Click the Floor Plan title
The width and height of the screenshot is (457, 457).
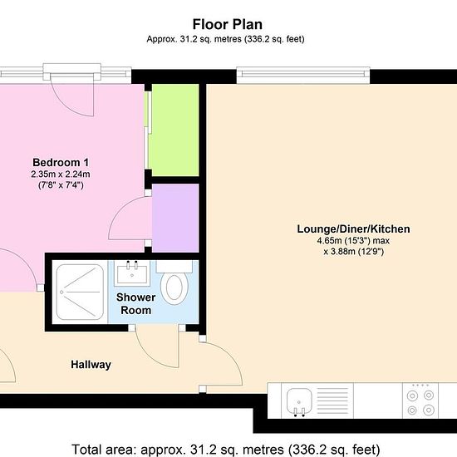click(x=228, y=24)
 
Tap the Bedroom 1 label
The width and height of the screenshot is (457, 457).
click(x=61, y=162)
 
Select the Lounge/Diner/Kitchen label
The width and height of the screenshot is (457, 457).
click(x=353, y=229)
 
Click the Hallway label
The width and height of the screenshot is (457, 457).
click(x=91, y=365)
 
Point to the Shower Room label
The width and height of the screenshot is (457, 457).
click(x=135, y=303)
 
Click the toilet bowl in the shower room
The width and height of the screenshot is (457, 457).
click(x=174, y=288)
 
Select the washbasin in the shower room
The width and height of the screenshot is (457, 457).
click(x=132, y=273)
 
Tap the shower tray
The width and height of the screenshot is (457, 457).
click(x=80, y=292)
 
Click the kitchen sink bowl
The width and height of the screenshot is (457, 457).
click(x=299, y=400)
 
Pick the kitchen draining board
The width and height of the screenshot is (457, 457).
click(x=332, y=400)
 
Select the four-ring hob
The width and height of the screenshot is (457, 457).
click(x=420, y=400)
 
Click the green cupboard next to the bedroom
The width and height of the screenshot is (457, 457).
click(x=175, y=130)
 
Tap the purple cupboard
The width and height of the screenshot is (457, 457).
click(x=175, y=218)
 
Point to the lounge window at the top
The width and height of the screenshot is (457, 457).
click(x=303, y=76)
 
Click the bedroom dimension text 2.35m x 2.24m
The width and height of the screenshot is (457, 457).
click(x=61, y=174)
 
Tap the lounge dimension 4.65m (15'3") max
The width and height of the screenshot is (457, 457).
click(x=353, y=241)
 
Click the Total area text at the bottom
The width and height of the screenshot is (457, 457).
click(x=226, y=450)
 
